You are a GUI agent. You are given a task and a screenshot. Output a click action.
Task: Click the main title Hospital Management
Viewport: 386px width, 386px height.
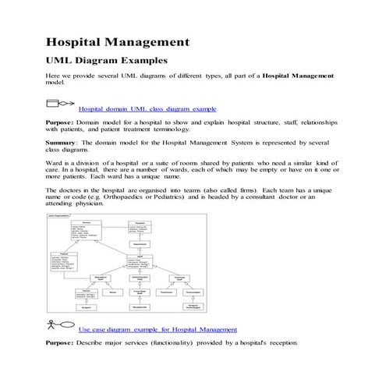pos(117,41)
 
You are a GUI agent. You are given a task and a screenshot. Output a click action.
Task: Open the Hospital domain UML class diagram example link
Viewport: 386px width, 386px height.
pos(147,109)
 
